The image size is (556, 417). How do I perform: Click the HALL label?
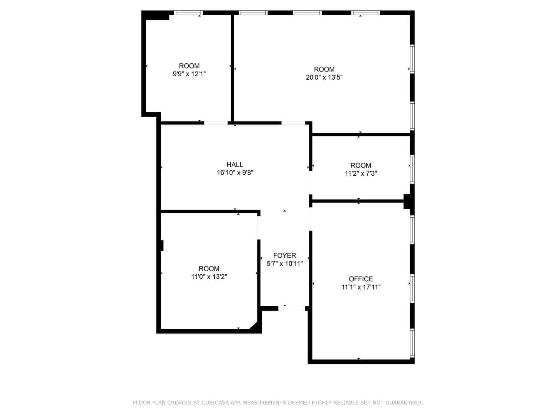[x=235, y=165]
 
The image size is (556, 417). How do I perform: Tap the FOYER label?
[x=284, y=255]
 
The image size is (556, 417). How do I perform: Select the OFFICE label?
[x=361, y=279]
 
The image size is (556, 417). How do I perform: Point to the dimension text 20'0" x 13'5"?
[x=324, y=77]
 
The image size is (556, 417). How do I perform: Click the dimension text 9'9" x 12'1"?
[x=189, y=74]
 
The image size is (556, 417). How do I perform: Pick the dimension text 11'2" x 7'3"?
[x=361, y=173]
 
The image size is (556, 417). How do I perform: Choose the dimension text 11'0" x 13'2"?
[x=209, y=277]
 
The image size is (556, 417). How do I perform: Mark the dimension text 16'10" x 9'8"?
[x=235, y=173]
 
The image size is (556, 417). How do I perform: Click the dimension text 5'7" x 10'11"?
[x=285, y=264]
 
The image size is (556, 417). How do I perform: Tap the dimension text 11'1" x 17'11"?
[x=361, y=287]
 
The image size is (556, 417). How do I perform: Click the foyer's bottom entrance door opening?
[x=292, y=308]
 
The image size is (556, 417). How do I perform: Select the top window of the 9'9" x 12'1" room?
[x=188, y=13]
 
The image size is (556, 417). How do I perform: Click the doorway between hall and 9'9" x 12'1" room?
[x=216, y=123]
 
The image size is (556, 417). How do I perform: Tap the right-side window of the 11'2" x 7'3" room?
[x=413, y=169]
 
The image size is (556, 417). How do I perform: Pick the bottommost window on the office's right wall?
[x=413, y=343]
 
